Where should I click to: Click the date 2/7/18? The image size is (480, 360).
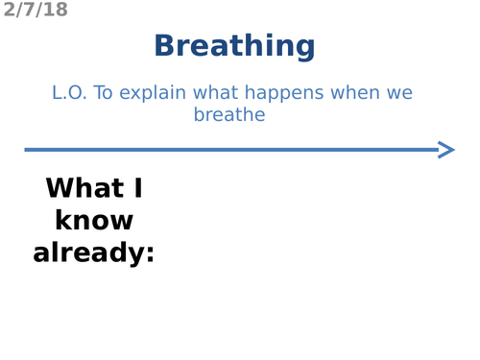click(36, 11)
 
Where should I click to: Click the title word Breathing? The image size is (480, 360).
click(234, 46)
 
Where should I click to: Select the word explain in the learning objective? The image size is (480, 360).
click(154, 94)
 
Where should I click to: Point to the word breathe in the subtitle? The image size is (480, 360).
click(229, 115)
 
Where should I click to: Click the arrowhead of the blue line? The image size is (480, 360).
click(446, 149)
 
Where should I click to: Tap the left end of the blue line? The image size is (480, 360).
click(27, 149)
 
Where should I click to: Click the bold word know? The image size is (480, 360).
click(94, 221)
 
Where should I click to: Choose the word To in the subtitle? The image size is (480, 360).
click(105, 94)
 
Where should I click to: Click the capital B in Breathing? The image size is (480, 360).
click(165, 46)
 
